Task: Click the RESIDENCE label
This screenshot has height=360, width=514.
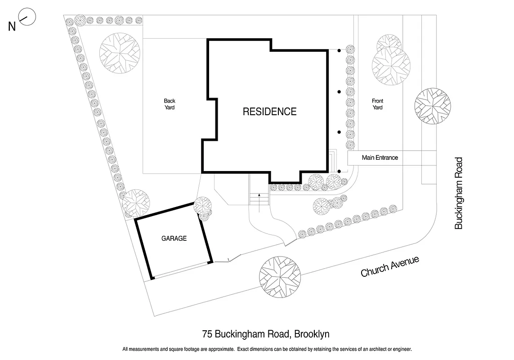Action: (x=269, y=112)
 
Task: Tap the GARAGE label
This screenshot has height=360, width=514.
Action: (x=174, y=238)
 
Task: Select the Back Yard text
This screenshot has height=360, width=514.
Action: (x=169, y=104)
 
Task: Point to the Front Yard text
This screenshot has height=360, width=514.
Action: (x=377, y=104)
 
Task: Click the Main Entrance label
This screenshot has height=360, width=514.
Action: (x=380, y=158)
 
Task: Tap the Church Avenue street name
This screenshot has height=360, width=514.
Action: (x=390, y=266)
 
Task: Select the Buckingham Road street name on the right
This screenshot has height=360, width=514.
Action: (x=458, y=193)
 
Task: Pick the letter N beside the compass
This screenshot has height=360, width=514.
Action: (x=12, y=27)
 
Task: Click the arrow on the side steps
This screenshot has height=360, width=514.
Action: (x=259, y=198)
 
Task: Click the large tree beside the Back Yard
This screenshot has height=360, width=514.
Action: (x=120, y=53)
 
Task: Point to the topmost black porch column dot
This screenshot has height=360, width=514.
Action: (x=339, y=51)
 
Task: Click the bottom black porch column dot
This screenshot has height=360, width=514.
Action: (x=339, y=171)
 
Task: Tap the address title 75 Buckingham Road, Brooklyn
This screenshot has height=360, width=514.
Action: (x=266, y=334)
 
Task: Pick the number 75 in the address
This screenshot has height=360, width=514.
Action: (x=207, y=334)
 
